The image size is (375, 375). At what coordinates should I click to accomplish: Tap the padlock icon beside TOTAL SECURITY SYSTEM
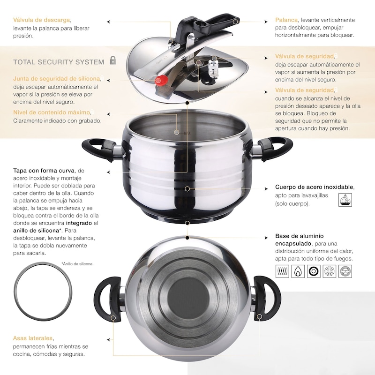pyautogui.click(x=113, y=60)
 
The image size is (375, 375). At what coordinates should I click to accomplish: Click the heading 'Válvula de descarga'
pyautogui.click(x=42, y=20)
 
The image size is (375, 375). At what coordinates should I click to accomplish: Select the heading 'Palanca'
pyautogui.click(x=286, y=20)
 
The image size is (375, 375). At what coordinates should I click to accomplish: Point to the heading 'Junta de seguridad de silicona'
pyautogui.click(x=56, y=79)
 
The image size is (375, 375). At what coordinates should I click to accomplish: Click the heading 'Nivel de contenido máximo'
pyautogui.click(x=52, y=112)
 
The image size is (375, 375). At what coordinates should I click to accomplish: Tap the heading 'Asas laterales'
pyautogui.click(x=33, y=338)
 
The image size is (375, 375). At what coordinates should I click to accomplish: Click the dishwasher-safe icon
pyautogui.click(x=345, y=200)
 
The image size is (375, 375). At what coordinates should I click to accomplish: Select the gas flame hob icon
pyautogui.click(x=298, y=271)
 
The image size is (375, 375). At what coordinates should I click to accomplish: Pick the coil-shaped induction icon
pyautogui.click(x=282, y=271)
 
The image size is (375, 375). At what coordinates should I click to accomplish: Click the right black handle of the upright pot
pyautogui.click(x=275, y=148)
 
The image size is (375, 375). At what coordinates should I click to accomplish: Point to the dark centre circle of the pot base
pyautogui.click(x=189, y=294)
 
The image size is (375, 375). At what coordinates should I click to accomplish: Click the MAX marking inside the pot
pyautogui.click(x=187, y=133)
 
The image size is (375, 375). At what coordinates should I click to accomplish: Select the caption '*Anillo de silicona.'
pyautogui.click(x=77, y=264)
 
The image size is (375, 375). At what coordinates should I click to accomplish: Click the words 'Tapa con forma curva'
pyautogui.click(x=44, y=171)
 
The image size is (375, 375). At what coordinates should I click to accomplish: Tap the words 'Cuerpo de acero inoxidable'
pyautogui.click(x=314, y=187)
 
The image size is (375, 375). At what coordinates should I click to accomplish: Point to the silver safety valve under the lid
pyautogui.click(x=212, y=67)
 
